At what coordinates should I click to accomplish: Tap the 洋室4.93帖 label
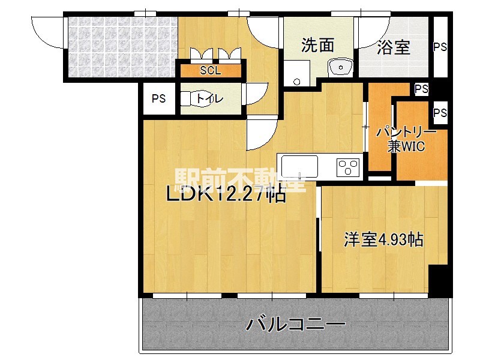pyautogui.click(x=383, y=240)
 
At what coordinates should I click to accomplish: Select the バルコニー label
pyautogui.click(x=296, y=325)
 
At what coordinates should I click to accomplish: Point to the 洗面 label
pyautogui.click(x=317, y=46)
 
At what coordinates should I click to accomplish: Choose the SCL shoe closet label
pyautogui.click(x=210, y=70)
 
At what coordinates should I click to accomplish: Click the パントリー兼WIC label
pyautogui.click(x=402, y=139)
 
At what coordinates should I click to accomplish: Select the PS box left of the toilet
pyautogui.click(x=158, y=99)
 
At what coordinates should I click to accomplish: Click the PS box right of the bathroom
pyautogui.click(x=440, y=46)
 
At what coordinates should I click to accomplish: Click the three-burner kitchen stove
pyautogui.click(x=348, y=166)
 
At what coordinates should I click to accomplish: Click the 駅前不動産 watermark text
pyautogui.click(x=240, y=179)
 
